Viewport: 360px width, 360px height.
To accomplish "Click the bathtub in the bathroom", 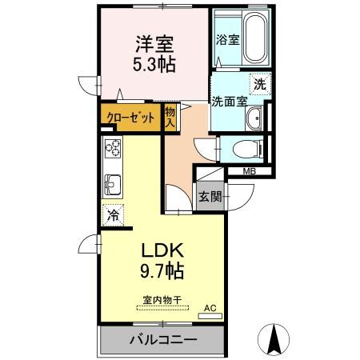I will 254,38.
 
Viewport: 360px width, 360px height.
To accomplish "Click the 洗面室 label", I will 228,102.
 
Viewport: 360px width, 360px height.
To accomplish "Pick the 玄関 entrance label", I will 210,195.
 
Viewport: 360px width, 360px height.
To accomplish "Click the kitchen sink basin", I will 112,183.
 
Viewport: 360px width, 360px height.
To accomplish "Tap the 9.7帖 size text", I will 159,270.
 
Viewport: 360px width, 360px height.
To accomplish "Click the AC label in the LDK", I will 210,306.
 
